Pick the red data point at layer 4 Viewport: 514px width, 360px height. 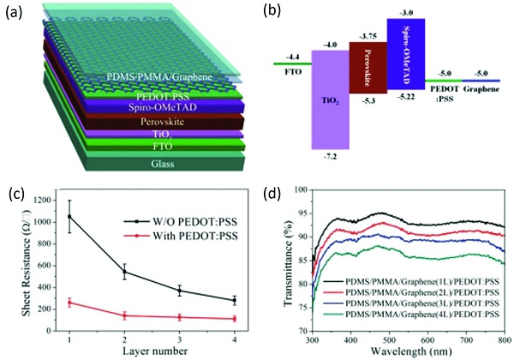click(x=234, y=319)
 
